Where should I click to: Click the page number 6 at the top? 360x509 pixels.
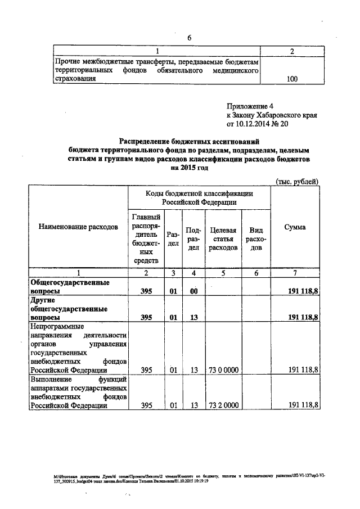coord(190,37)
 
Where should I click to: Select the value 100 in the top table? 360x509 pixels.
coord(292,79)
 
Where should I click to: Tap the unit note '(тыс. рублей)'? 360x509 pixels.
coord(298,181)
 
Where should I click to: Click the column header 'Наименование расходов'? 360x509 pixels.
coord(78,227)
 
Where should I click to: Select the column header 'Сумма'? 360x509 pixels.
coord(295,227)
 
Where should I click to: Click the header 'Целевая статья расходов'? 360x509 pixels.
coord(223,238)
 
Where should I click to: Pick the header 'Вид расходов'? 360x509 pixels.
coord(256,238)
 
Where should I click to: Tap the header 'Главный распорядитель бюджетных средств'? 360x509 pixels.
coord(147,238)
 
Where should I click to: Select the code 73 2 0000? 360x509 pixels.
coord(223,405)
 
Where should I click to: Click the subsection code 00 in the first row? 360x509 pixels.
coord(194,291)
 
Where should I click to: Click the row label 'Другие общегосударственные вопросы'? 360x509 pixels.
coord(65,309)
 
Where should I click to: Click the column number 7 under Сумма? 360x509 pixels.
coord(295,273)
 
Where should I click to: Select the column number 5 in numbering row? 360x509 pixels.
coord(223,273)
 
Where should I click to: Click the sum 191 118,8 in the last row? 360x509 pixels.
coord(303,405)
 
